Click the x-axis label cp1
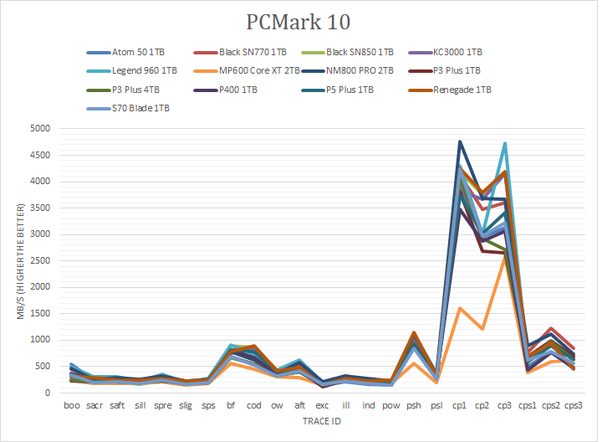(459, 406)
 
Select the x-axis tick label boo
(73, 406)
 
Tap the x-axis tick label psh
(413, 406)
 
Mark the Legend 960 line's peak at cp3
(505, 143)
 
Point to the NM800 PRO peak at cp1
(459, 141)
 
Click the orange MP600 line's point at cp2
(482, 329)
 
